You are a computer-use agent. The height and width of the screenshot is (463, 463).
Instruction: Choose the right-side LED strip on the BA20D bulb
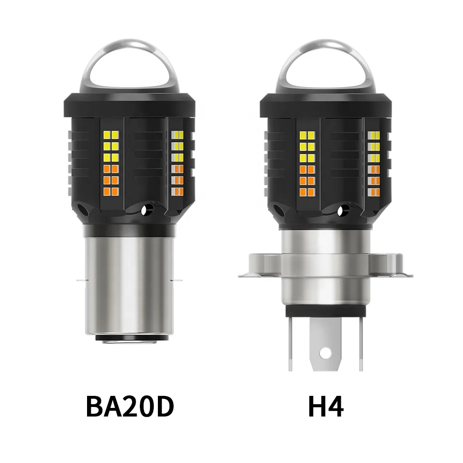pos(176,162)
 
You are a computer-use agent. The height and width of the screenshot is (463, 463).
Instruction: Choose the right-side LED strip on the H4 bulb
pos(374,162)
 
